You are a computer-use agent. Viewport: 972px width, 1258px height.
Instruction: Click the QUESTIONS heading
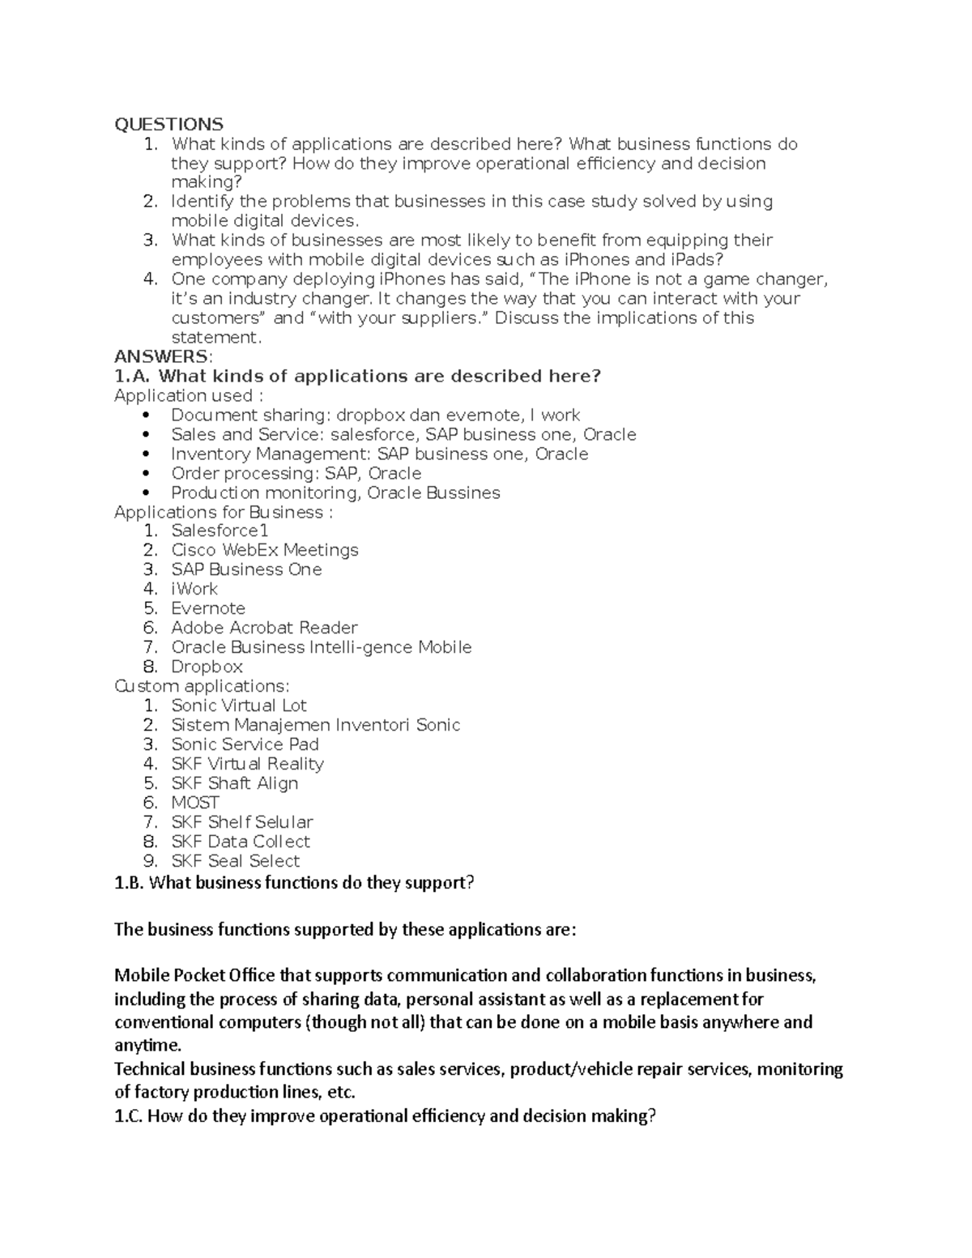[168, 124]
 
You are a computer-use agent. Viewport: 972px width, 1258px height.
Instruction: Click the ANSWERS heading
[164, 356]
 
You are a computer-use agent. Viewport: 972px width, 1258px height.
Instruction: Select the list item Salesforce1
[220, 531]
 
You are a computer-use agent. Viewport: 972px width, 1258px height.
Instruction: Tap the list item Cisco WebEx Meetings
[265, 550]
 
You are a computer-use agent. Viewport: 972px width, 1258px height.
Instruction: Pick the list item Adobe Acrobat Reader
[264, 628]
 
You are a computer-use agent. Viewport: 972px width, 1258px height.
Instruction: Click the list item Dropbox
[207, 667]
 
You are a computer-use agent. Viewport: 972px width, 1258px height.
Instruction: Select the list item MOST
[195, 803]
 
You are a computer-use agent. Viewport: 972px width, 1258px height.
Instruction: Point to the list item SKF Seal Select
[235, 861]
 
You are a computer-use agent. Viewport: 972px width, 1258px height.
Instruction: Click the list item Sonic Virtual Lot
[239, 706]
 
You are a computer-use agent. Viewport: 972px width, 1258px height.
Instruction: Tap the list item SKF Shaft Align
[234, 783]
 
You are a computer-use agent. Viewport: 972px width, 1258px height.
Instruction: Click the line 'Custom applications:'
[202, 686]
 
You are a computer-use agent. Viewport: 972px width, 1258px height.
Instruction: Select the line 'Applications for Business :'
[224, 512]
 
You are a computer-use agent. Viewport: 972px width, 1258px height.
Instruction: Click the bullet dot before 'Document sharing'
[146, 416]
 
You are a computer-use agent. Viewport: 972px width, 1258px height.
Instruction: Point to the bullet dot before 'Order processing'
[146, 474]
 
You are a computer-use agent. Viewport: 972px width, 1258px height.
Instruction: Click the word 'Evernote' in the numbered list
[208, 608]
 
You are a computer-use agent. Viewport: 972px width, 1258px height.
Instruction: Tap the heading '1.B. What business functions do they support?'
[294, 883]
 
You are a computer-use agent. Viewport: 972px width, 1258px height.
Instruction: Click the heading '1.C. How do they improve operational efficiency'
[385, 1116]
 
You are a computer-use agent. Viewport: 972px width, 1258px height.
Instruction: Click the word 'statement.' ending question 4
[217, 338]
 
